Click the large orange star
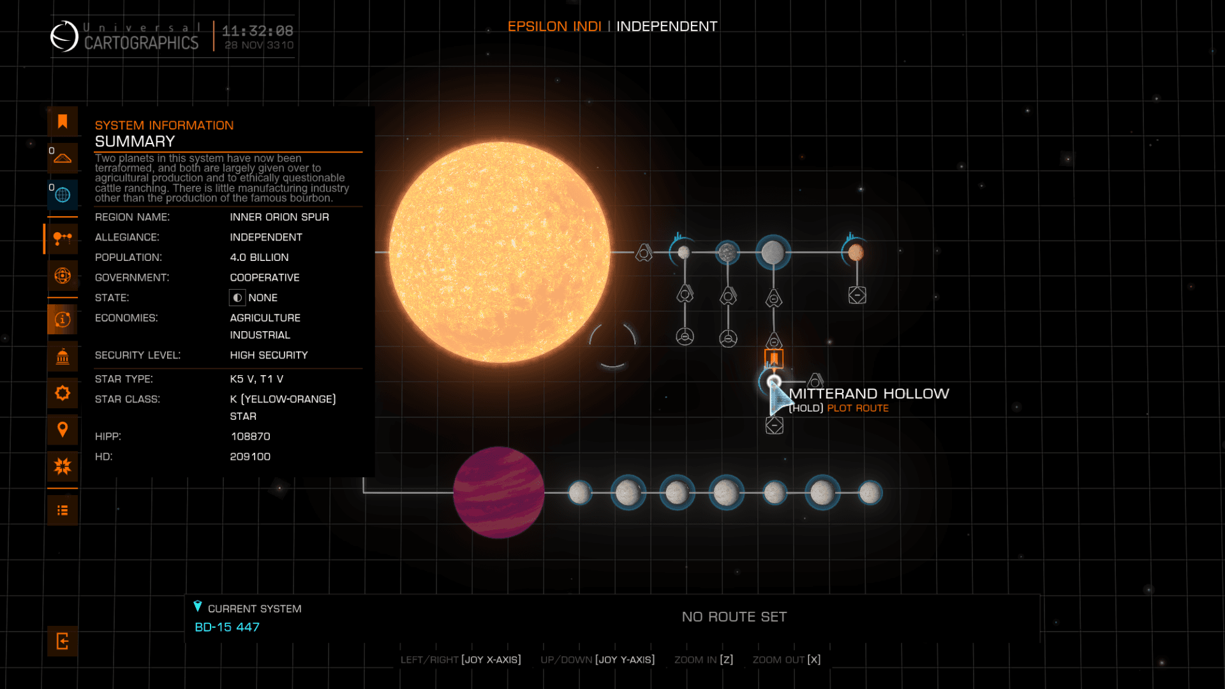[500, 253]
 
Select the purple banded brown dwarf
[498, 493]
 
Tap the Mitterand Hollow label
[868, 394]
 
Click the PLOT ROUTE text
[857, 408]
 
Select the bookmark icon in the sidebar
[63, 121]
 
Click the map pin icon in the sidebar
[63, 429]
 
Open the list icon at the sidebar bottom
[63, 510]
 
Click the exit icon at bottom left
[63, 641]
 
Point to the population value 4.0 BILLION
[259, 257]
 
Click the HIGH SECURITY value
[269, 355]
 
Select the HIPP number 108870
[250, 436]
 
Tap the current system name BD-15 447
[227, 627]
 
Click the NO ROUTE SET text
[734, 617]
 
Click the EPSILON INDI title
[554, 26]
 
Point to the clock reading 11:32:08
[258, 31]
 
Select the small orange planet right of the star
[856, 253]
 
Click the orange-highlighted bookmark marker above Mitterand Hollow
[774, 359]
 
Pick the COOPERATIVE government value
[265, 278]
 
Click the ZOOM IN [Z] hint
[704, 660]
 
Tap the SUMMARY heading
[135, 142]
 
